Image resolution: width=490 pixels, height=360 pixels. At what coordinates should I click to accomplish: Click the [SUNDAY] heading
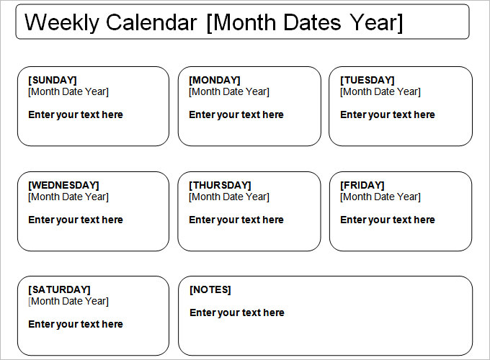[x=52, y=80]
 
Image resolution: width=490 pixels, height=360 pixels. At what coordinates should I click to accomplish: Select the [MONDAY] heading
[x=215, y=80]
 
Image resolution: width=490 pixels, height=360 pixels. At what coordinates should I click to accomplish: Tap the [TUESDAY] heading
[x=367, y=80]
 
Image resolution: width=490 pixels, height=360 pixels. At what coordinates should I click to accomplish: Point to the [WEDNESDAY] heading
[x=63, y=185]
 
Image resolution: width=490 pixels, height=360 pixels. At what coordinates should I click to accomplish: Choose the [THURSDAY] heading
[x=220, y=185]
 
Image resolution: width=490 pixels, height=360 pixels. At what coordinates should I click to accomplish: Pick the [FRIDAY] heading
[x=362, y=185]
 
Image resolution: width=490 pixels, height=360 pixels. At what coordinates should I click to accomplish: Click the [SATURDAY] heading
[x=59, y=289]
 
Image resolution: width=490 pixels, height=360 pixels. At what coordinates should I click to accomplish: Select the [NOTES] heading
[x=210, y=289]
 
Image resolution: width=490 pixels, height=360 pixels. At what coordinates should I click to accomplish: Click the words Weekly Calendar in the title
[x=110, y=22]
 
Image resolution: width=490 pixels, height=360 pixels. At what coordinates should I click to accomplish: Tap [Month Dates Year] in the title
[x=304, y=22]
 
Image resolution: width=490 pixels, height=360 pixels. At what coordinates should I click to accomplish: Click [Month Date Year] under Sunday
[x=68, y=91]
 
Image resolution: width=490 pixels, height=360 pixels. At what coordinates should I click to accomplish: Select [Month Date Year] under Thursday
[x=229, y=197]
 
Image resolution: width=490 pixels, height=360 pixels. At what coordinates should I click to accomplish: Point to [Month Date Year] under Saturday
[x=68, y=301]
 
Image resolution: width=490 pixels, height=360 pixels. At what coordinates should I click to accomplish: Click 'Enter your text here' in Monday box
[x=236, y=114]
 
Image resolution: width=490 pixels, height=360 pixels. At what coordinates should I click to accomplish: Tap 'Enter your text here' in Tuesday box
[x=388, y=114]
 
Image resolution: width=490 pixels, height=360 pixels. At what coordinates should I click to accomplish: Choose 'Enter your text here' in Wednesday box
[x=76, y=220]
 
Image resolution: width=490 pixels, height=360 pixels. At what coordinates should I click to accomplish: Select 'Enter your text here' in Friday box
[x=388, y=220]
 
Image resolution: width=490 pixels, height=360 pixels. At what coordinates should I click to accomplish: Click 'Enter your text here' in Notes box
[x=237, y=312]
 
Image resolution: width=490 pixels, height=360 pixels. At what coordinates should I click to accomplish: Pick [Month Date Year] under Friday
[x=380, y=197]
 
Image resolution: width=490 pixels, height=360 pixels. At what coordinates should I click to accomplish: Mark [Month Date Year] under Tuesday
[x=380, y=91]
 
